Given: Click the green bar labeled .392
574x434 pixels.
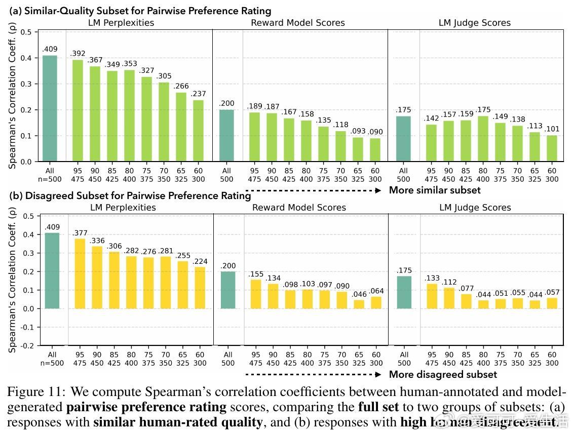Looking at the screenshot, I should click(78, 110).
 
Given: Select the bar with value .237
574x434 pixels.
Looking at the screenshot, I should click(198, 131).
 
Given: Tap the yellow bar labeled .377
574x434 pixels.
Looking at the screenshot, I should click(80, 273).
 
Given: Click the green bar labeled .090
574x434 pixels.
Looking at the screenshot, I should click(375, 150).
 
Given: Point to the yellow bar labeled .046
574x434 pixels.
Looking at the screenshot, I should click(359, 304).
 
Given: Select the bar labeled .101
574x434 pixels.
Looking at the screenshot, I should click(552, 148).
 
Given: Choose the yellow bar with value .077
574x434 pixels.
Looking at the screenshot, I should click(466, 301).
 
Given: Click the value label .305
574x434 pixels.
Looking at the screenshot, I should click(163, 76).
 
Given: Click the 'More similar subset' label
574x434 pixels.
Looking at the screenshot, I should click(435, 190).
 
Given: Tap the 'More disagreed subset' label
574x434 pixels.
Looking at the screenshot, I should click(443, 375).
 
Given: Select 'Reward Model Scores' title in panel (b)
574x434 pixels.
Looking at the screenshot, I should click(299, 207).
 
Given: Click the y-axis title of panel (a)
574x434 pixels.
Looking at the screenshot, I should click(12, 97).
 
